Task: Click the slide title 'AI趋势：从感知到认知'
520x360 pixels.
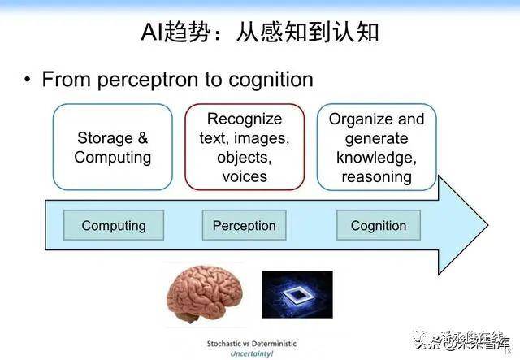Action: click(x=260, y=33)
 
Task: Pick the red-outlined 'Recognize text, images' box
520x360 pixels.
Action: click(x=244, y=147)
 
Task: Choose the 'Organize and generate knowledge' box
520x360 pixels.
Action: click(x=376, y=147)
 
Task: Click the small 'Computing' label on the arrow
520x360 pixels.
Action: click(x=114, y=225)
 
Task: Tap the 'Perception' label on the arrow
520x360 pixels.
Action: click(x=244, y=225)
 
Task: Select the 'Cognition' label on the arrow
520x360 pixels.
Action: click(x=378, y=225)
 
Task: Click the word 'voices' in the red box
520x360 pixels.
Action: click(x=244, y=176)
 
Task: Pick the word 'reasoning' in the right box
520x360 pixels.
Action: click(x=376, y=176)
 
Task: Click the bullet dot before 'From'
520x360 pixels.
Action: click(x=28, y=80)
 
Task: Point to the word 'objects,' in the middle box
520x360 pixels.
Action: click(x=244, y=157)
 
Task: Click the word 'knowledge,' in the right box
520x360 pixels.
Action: click(x=376, y=158)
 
